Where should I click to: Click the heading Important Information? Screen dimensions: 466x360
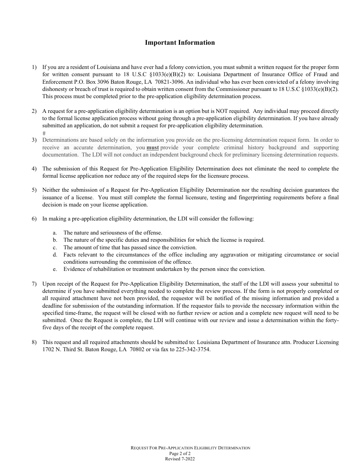180,42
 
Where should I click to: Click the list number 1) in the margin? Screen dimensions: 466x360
34,67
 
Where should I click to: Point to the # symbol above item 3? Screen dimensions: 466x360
44,133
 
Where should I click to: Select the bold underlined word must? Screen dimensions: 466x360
152,147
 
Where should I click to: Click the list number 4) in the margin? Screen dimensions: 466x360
34,169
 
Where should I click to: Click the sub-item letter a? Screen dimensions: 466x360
55,233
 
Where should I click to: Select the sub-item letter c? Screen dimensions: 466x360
55,247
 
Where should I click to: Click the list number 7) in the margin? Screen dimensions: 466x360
34,283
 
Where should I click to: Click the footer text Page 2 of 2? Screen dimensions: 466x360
180,453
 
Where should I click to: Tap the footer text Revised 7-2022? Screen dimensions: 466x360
180,458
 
